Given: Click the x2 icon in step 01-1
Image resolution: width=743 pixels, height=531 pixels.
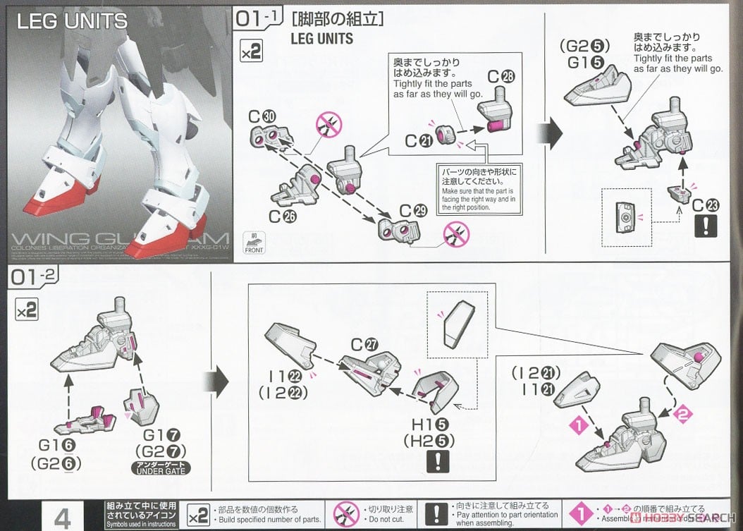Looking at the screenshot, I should tap(252, 52).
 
